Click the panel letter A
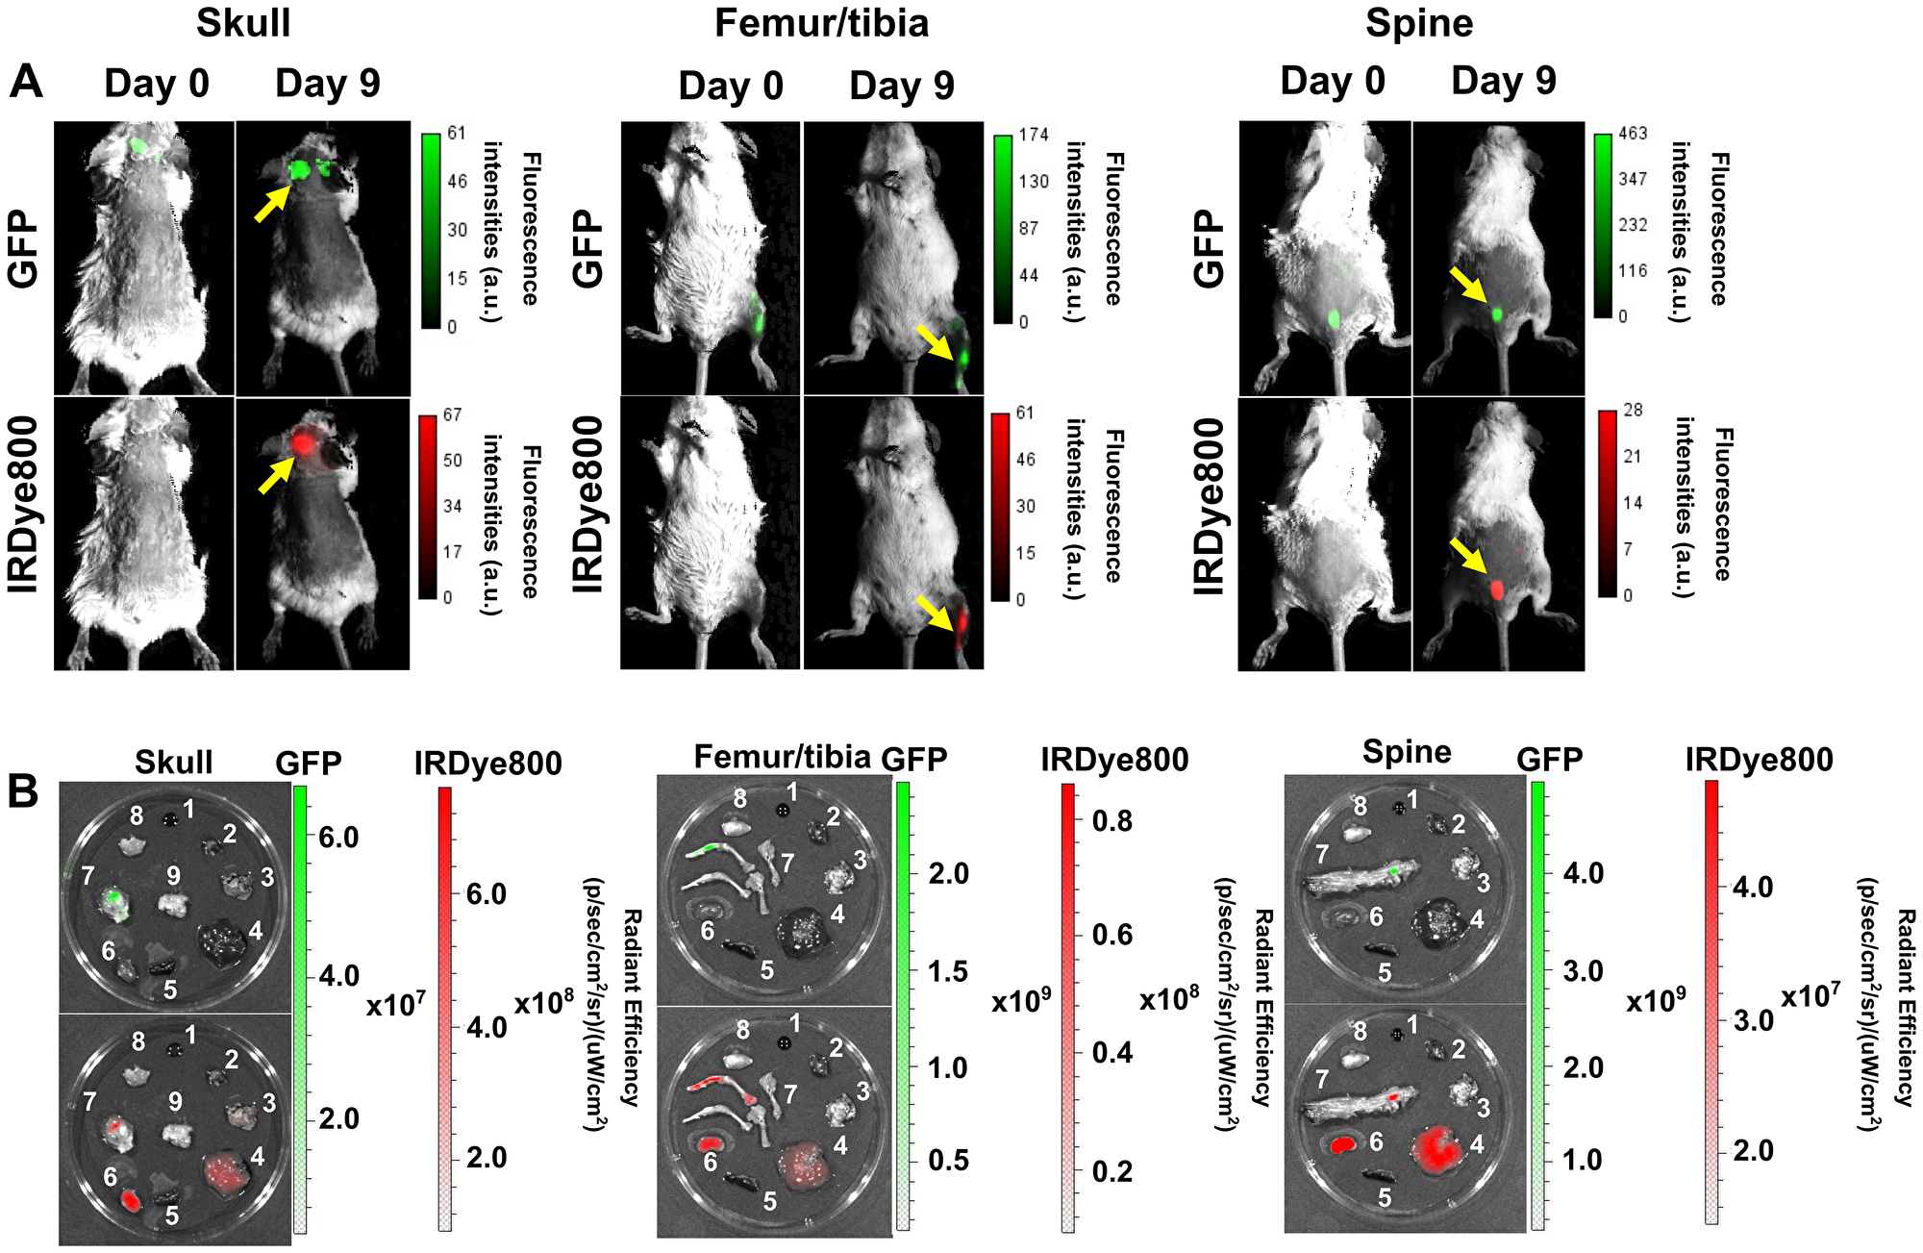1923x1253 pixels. point(26,82)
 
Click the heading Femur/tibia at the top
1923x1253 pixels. point(821,23)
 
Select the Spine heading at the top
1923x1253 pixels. point(1418,23)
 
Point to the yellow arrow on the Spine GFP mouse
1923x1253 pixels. point(1466,286)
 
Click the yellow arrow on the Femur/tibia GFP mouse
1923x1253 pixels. point(934,342)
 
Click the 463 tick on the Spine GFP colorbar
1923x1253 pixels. point(1633,134)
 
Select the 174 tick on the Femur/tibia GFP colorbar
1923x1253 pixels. point(1034,136)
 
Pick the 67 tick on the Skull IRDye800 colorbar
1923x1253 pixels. point(452,415)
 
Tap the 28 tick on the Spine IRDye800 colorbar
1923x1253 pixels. point(1633,411)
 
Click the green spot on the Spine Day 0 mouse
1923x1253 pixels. point(1335,317)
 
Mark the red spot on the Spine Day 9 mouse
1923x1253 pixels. point(1496,589)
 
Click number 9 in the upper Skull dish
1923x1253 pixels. point(173,875)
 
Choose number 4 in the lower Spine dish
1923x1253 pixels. point(1477,1143)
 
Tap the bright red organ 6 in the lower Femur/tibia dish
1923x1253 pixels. point(710,1143)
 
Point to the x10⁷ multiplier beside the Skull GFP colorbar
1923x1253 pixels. point(396,1005)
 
